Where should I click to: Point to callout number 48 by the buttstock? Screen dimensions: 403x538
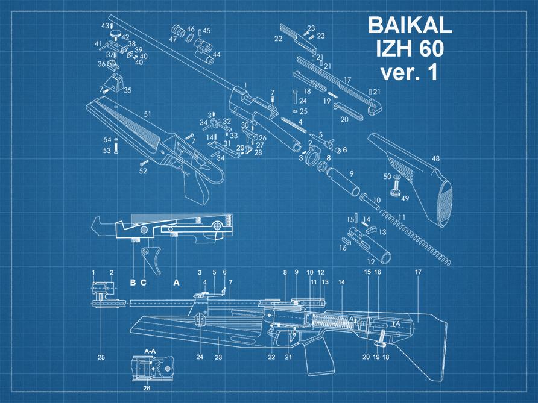(435, 159)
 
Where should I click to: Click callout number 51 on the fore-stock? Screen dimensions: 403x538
(147, 114)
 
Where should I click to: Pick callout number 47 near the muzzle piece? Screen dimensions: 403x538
(173, 39)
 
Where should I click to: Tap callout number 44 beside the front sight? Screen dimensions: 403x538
(216, 54)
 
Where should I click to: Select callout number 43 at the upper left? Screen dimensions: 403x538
(104, 26)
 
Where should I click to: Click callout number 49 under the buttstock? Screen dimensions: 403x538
(405, 198)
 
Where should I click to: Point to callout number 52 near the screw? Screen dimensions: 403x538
(143, 171)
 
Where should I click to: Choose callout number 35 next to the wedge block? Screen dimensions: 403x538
(128, 90)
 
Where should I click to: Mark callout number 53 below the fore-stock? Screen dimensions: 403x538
(107, 151)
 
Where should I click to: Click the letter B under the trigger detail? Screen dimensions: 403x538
(133, 282)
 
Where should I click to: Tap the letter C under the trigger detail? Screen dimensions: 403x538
(144, 282)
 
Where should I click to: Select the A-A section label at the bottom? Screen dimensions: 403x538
(150, 349)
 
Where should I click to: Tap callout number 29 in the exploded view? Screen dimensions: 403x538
(239, 148)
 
